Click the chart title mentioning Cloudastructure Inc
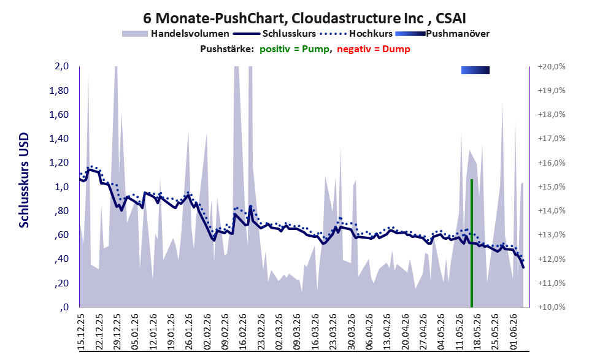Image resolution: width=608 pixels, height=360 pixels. coord(304,18)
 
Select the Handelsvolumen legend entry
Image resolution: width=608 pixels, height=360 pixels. coord(175,34)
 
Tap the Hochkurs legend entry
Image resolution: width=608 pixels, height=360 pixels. coord(356,34)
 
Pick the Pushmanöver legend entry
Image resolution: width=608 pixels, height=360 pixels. coord(442,34)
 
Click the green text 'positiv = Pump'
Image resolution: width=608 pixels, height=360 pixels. coord(294,49)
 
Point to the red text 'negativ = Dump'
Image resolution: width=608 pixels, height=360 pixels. coord(374,49)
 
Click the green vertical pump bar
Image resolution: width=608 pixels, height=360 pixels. coord(472,243)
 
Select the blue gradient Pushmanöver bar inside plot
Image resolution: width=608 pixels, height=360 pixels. coord(475,70)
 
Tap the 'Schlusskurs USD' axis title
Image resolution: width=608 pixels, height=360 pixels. coord(24,180)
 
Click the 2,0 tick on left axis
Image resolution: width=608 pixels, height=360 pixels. coord(62,66)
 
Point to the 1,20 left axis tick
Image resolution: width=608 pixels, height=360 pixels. coord(59,163)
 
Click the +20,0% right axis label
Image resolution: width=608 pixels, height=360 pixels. coord(552,67)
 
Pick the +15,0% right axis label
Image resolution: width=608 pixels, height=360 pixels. coord(552,187)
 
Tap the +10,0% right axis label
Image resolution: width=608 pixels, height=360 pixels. coord(552,307)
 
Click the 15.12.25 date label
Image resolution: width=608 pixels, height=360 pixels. coord(82,332)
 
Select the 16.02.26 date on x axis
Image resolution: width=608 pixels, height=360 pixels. coord(242,332)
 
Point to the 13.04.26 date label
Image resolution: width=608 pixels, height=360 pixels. coord(386,332)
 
